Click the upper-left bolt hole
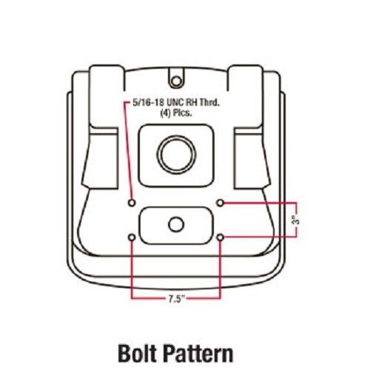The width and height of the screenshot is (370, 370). (x=132, y=203)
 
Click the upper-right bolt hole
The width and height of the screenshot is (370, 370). (x=221, y=203)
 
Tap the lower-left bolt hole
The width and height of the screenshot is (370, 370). (x=132, y=238)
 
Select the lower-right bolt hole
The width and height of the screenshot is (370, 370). (x=221, y=238)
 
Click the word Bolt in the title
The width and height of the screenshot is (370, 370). (x=138, y=353)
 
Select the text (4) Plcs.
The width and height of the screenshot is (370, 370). (x=176, y=113)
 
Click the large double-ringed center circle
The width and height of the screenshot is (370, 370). (x=176, y=154)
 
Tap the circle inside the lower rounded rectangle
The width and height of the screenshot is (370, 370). (x=176, y=225)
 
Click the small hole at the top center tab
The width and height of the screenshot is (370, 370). (x=175, y=81)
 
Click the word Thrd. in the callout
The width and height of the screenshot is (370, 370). (x=209, y=103)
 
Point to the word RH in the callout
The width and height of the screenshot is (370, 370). (x=193, y=103)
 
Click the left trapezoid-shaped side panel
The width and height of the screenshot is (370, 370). (x=100, y=158)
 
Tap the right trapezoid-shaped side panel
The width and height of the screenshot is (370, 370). (x=252, y=158)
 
